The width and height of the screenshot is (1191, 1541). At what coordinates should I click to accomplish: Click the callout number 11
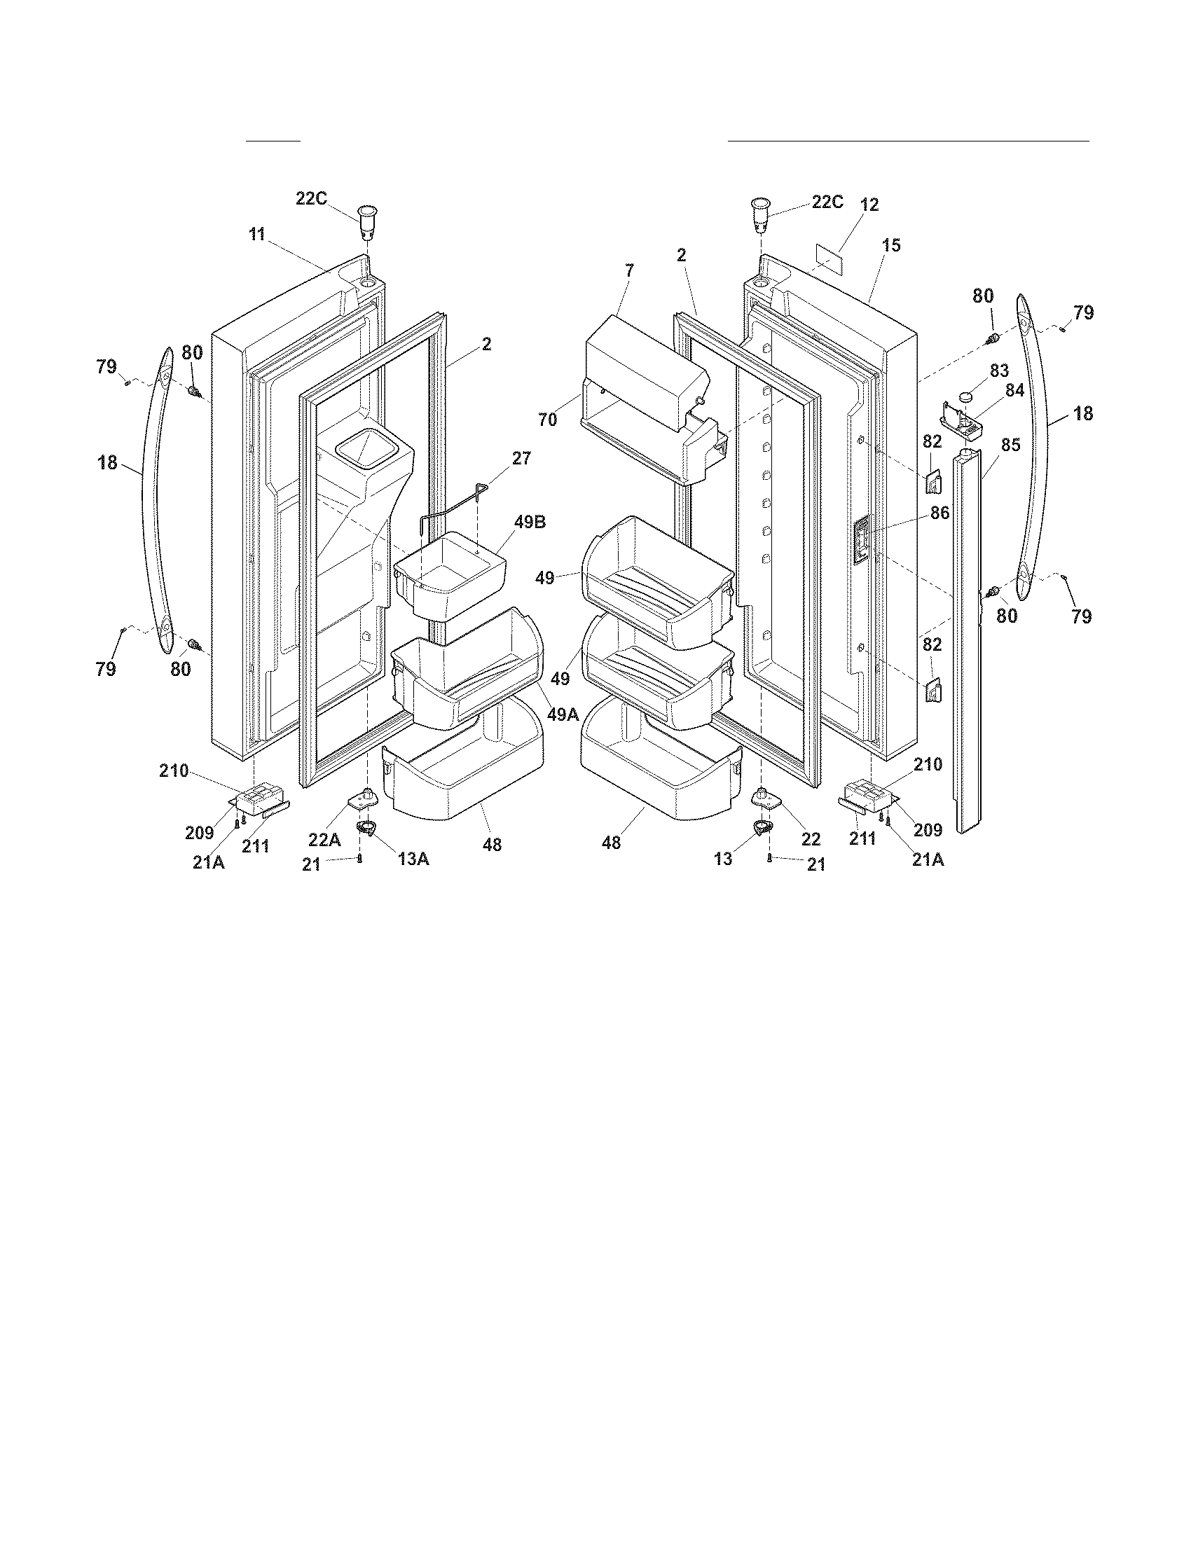[x=256, y=234]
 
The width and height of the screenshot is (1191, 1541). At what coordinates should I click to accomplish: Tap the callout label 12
[x=869, y=205]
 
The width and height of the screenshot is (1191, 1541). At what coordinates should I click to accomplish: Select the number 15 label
[x=891, y=246]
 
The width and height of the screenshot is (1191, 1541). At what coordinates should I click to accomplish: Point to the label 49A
[x=563, y=714]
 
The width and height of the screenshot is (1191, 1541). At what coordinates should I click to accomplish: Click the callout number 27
[x=521, y=458]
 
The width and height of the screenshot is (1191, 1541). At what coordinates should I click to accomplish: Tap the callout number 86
[x=939, y=513]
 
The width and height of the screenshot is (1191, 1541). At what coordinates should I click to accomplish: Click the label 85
[x=1010, y=445]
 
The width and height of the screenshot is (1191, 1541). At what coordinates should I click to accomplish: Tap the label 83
[x=999, y=371]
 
